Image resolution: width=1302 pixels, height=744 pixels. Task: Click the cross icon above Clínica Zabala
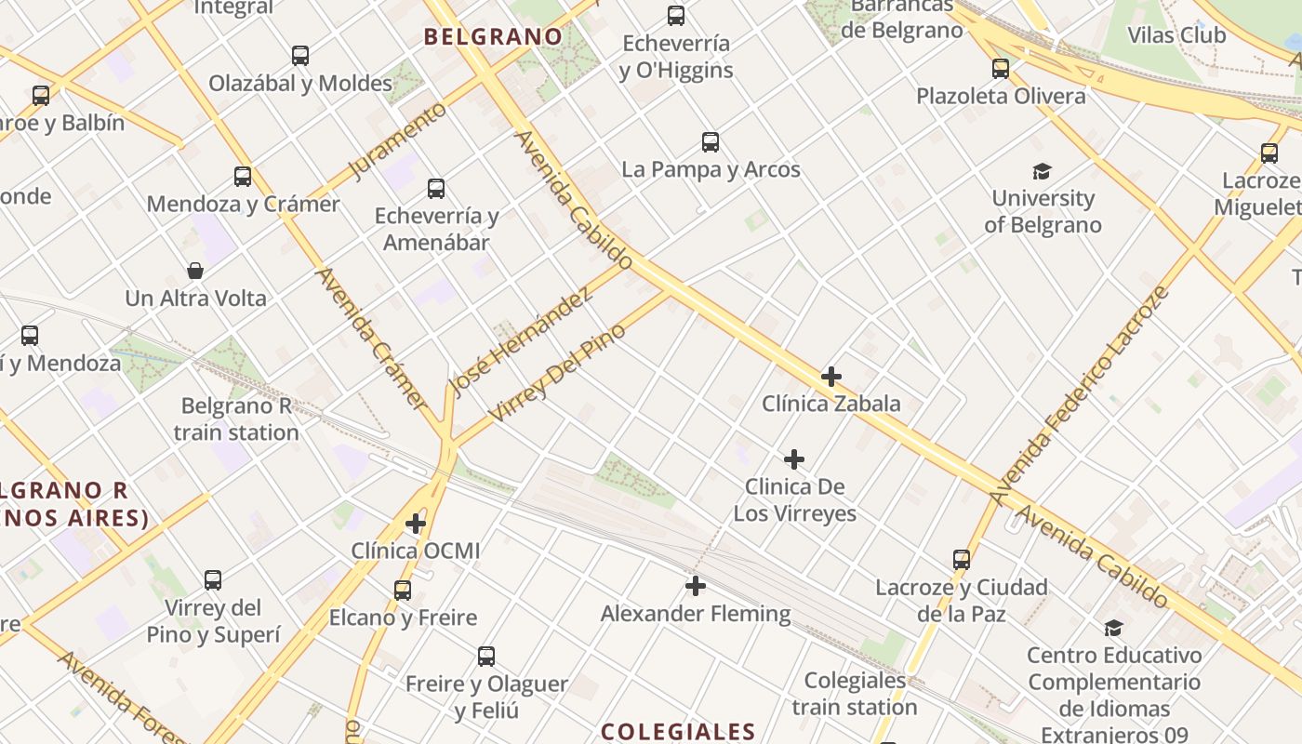point(831,377)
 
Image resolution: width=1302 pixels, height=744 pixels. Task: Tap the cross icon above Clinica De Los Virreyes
point(794,459)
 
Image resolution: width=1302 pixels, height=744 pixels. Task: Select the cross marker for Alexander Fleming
point(696,586)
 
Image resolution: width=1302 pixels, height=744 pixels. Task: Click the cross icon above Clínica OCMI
point(416,524)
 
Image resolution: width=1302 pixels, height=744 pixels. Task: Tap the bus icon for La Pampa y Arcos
point(711,142)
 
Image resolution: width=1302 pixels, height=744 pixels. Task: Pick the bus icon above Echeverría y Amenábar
point(436,189)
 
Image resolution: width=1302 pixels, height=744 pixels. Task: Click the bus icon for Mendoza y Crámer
point(243,177)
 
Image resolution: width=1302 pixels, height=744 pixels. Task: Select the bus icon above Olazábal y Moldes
point(300,56)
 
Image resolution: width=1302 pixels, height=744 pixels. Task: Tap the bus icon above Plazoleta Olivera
point(1001,69)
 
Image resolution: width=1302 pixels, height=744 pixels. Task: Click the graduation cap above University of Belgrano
point(1042,171)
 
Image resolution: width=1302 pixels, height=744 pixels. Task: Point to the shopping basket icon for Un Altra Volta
point(195,271)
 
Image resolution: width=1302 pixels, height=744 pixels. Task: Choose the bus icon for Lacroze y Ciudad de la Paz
point(962,560)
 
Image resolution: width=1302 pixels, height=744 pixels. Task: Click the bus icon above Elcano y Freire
point(403,590)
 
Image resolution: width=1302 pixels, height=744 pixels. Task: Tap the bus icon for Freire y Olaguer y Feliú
point(486,657)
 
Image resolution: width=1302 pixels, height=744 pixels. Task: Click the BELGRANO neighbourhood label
point(493,37)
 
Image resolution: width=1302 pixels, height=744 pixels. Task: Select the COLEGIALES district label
point(678,731)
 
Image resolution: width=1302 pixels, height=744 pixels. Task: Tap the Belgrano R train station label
point(236,419)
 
